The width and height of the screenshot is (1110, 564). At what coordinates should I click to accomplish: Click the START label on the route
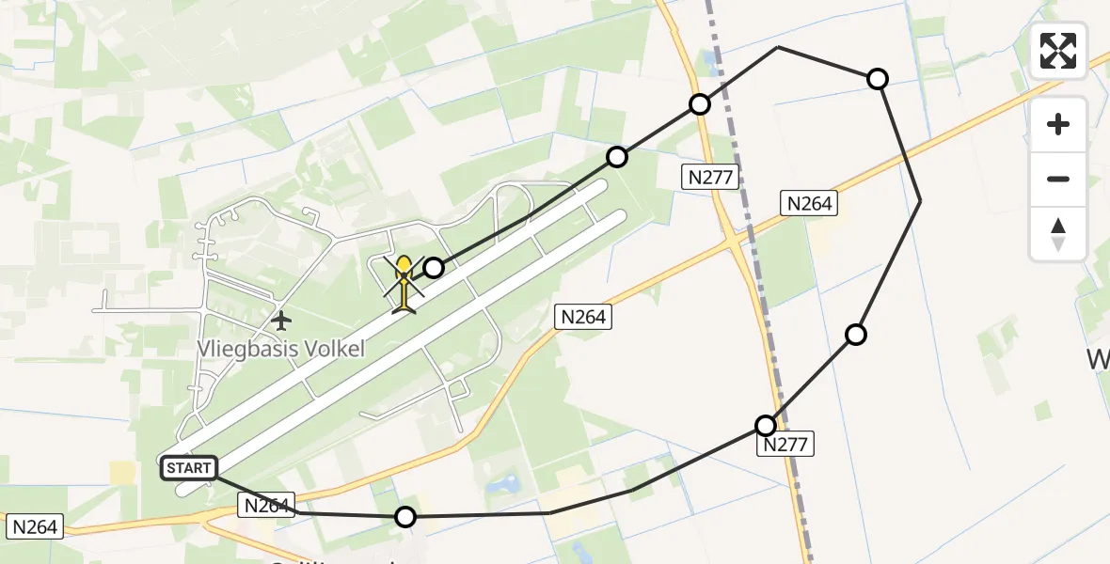pos(189,467)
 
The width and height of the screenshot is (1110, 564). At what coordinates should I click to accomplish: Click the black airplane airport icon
pos(280,321)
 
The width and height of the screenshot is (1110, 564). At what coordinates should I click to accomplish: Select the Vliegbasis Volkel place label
pos(280,348)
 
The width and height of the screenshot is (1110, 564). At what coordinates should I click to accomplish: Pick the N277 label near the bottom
pos(785,445)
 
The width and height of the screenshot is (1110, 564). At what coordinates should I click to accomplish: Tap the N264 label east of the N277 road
pos(809,203)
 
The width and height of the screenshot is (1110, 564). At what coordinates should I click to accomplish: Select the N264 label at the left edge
pos(34,526)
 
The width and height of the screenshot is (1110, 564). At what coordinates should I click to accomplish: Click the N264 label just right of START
pos(267,505)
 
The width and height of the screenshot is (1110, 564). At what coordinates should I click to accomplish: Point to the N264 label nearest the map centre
pos(583,317)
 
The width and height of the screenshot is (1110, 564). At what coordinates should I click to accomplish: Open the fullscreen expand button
pos(1058,51)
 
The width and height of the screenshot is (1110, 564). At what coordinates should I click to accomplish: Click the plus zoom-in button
pos(1058,124)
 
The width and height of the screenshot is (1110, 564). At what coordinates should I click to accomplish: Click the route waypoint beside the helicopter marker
pos(434,269)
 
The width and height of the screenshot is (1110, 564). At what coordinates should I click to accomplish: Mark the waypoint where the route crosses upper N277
pos(700,103)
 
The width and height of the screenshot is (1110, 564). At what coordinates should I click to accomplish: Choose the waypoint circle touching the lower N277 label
pos(767,425)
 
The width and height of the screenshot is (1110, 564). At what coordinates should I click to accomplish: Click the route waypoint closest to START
pos(405,516)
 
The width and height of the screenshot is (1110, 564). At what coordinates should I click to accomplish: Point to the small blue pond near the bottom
pos(503,485)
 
